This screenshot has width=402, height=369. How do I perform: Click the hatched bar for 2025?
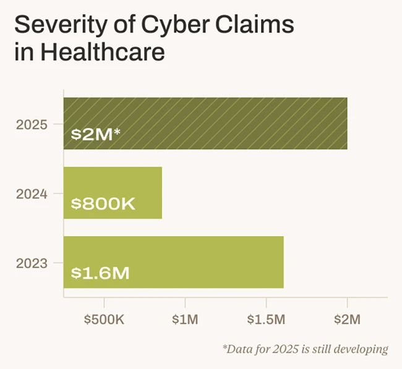tap(205, 123)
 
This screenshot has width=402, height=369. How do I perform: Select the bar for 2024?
tap(113, 192)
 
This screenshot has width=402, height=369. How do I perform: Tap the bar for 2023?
tap(173, 262)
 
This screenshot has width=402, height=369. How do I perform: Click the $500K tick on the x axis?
tap(104, 320)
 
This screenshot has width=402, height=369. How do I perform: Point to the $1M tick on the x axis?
tap(185, 320)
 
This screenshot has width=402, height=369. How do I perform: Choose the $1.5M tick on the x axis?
tap(266, 320)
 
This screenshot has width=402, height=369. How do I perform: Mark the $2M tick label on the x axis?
tap(347, 320)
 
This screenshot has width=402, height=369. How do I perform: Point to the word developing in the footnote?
tap(361, 350)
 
